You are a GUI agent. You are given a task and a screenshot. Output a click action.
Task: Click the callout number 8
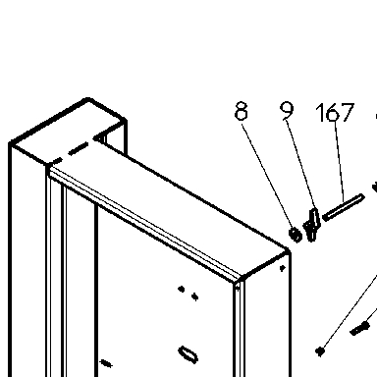242,111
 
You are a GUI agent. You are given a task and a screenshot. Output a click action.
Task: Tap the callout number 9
287,111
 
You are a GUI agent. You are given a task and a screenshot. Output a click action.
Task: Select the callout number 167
335,112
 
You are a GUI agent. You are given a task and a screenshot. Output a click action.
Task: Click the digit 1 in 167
320,112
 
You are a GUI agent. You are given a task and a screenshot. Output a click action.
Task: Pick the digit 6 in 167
333,112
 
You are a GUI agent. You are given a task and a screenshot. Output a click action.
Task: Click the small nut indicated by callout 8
296,235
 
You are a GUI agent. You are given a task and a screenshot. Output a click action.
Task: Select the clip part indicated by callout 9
311,225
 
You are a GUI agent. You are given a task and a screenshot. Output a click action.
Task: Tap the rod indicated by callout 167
344,207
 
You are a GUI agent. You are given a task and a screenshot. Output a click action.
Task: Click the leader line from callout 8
267,175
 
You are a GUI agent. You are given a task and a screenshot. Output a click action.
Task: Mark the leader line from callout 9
300,165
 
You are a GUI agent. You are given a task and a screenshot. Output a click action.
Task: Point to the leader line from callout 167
339,162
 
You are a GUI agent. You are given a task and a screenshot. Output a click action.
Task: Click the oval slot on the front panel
188,354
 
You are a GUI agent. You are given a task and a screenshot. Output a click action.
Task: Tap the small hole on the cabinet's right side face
283,268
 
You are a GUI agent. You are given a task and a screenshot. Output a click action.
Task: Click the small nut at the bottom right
320,351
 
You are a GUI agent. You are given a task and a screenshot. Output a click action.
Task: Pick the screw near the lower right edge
359,328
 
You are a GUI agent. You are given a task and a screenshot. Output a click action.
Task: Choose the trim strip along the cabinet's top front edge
144,224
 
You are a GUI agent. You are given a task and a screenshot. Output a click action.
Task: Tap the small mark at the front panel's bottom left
106,363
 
